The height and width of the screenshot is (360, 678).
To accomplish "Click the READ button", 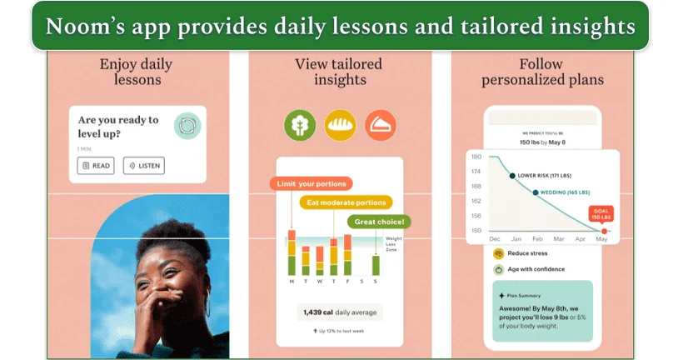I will pos(96,166).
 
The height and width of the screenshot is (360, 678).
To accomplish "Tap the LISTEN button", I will pos(143,166).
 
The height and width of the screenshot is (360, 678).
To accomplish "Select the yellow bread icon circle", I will pos(340,125).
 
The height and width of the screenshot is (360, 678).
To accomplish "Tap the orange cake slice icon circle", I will pos(381,125).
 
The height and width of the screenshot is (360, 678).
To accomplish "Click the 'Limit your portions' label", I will pos(312,183).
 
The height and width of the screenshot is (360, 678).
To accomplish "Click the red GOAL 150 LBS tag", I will pos(601,214).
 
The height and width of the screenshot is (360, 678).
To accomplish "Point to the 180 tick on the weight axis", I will pos(476,157).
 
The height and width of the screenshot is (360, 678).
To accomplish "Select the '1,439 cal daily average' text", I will pos(338,312).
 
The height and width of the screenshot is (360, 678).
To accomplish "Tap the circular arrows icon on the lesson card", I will pos(187,126).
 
